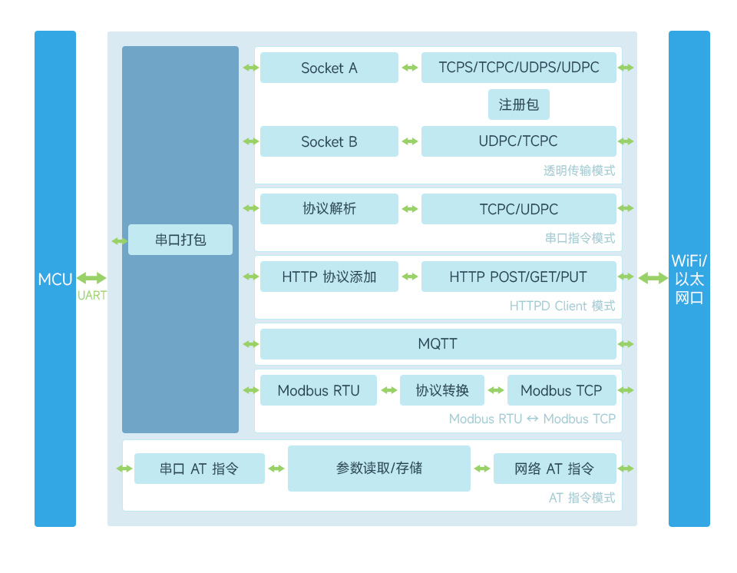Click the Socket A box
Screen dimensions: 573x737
[x=329, y=68]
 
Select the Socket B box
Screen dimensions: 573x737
[x=329, y=141]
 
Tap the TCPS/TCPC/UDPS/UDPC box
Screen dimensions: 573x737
[x=518, y=68]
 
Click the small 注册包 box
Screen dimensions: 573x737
[x=519, y=104]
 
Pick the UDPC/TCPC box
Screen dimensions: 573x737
[x=518, y=141]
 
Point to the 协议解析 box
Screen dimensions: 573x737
[x=329, y=209]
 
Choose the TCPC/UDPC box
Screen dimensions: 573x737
[x=518, y=209]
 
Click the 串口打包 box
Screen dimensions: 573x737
[x=180, y=240]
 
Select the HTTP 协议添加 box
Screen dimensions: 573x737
[x=329, y=277]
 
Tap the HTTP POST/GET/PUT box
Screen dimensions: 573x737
[x=518, y=277]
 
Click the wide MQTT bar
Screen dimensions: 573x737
[x=438, y=344]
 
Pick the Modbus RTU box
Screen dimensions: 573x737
[x=319, y=390]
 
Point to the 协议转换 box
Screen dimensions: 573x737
[x=442, y=390]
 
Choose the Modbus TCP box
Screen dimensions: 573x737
[x=561, y=390]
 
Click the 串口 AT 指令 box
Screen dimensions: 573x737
[x=199, y=469]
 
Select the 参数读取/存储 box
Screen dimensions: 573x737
[x=378, y=468]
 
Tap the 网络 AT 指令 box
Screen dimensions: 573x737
[x=554, y=469]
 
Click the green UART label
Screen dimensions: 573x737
[x=92, y=296]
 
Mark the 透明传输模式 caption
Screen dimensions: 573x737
[x=579, y=171]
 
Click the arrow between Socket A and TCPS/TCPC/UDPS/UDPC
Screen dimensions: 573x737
[x=409, y=68]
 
